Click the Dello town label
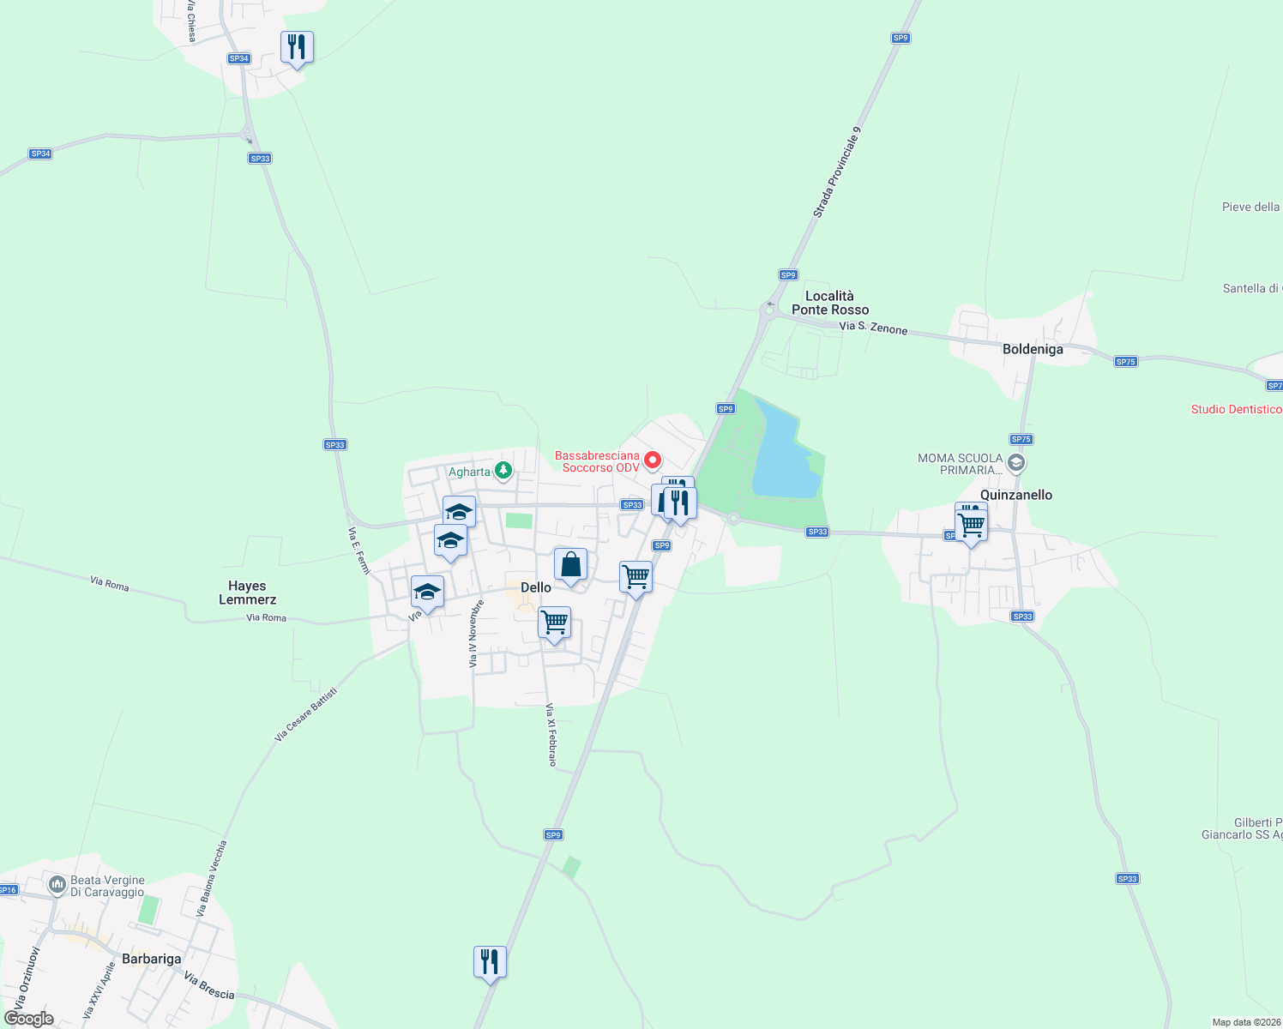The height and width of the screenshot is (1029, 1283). pyautogui.click(x=536, y=587)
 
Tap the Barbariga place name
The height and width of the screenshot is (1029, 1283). pyautogui.click(x=152, y=959)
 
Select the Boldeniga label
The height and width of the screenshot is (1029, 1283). pyautogui.click(x=1033, y=349)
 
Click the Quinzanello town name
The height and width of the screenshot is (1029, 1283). pyautogui.click(x=1016, y=495)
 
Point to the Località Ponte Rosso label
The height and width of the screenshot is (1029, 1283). pyautogui.click(x=830, y=303)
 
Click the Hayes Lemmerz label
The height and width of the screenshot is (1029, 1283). pyautogui.click(x=247, y=593)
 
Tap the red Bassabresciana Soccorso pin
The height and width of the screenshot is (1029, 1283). pyautogui.click(x=653, y=460)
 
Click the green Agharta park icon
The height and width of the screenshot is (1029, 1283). pyautogui.click(x=503, y=471)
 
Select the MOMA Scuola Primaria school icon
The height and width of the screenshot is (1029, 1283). pyautogui.click(x=1016, y=464)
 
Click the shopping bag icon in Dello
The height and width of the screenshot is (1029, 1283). pyautogui.click(x=570, y=566)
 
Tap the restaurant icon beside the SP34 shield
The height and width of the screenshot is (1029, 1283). pyautogui.click(x=297, y=47)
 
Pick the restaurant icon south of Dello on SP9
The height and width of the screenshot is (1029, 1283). pyautogui.click(x=490, y=962)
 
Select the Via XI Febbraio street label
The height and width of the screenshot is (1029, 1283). pyautogui.click(x=551, y=735)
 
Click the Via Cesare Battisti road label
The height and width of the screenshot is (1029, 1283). pyautogui.click(x=306, y=714)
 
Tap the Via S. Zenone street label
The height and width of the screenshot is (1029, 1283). pyautogui.click(x=872, y=328)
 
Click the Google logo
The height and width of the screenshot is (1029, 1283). pyautogui.click(x=29, y=1019)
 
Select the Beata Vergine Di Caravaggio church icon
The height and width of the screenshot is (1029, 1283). pyautogui.click(x=57, y=884)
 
